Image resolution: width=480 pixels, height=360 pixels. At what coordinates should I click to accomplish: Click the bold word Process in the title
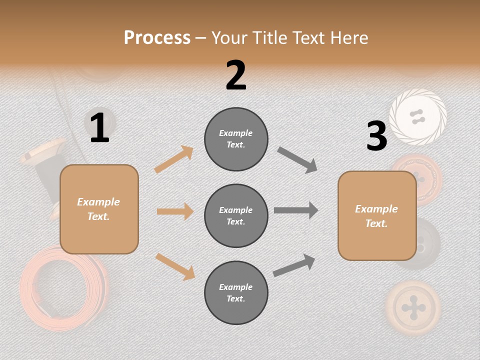[x=157, y=38]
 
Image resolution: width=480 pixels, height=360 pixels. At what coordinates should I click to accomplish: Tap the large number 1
[x=99, y=128]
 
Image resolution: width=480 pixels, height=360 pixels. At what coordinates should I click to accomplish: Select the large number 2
[x=236, y=75]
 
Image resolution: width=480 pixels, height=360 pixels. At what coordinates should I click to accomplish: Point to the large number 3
[x=376, y=136]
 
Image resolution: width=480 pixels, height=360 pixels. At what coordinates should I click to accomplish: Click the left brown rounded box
[x=99, y=209]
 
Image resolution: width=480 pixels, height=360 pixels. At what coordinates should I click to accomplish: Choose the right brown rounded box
[x=377, y=215]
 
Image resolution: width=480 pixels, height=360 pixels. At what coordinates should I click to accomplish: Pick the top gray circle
[x=236, y=139]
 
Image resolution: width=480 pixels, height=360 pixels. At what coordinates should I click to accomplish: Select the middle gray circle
[x=236, y=215]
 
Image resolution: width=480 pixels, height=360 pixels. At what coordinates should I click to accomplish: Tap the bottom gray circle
[x=236, y=292]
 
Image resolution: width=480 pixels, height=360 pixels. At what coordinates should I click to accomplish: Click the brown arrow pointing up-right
[x=174, y=159]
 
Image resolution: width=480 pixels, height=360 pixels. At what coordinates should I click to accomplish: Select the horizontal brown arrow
[x=175, y=211]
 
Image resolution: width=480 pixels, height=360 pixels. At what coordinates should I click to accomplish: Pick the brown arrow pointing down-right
[x=175, y=266]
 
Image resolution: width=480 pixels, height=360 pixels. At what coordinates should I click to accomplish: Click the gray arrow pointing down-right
[x=297, y=160]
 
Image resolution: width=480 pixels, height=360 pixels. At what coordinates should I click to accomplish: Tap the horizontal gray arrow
[x=296, y=210]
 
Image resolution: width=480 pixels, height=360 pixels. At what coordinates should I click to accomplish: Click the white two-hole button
[x=417, y=117]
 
